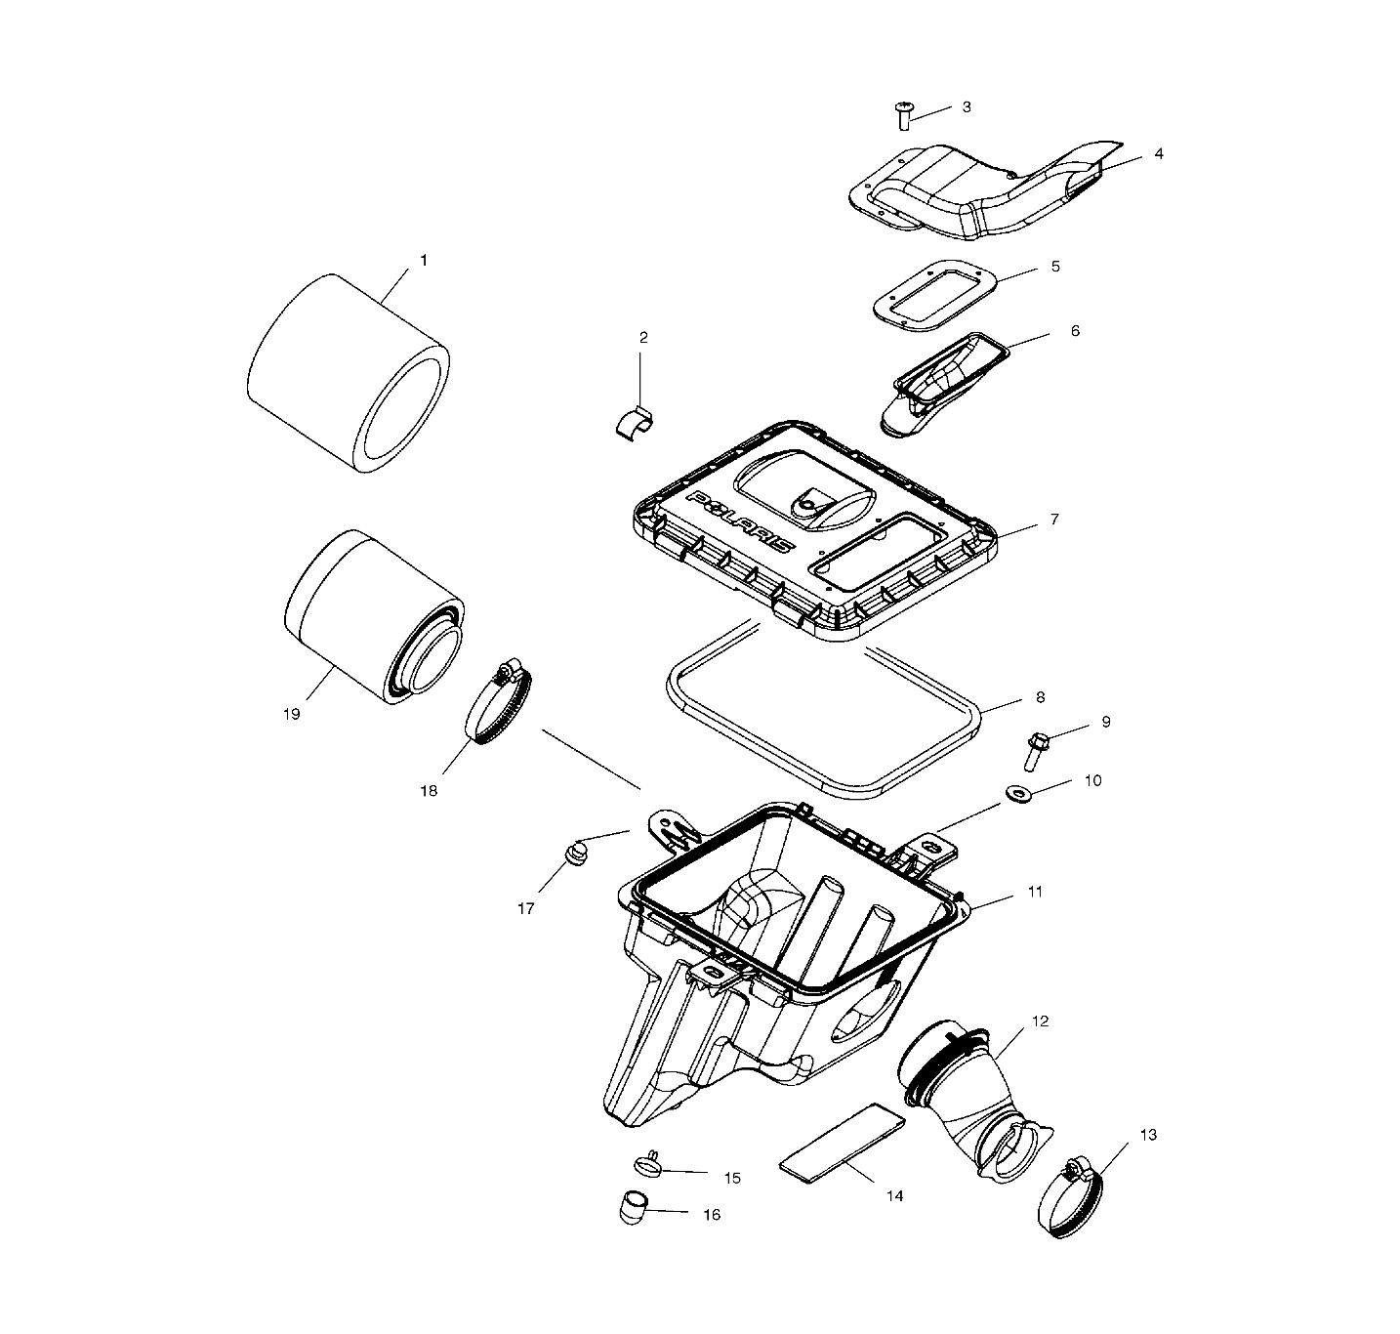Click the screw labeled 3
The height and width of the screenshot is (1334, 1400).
903,115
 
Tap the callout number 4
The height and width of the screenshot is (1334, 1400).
1158,154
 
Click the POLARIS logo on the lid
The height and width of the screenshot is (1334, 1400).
740,521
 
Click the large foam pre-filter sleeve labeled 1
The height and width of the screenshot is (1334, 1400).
347,374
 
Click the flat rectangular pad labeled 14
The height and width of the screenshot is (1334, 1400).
843,1139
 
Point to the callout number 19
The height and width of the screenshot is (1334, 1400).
291,714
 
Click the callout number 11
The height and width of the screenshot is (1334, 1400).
1035,892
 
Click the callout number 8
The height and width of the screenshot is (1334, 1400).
1040,697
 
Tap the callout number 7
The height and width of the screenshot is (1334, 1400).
1054,520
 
